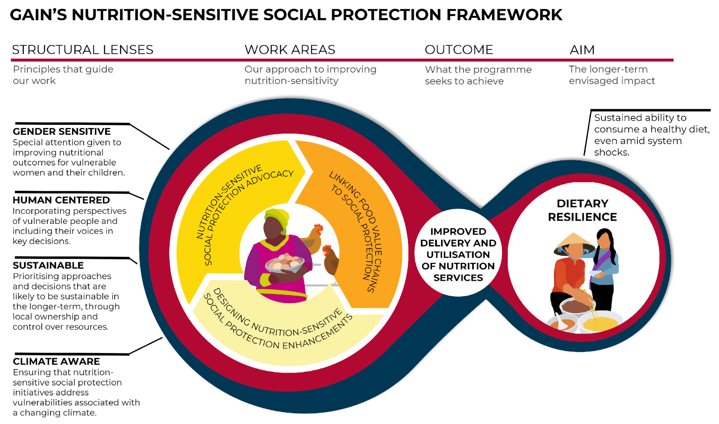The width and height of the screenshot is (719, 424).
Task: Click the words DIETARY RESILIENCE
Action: (x=582, y=210)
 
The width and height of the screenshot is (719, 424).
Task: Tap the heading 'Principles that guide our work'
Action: (x=63, y=75)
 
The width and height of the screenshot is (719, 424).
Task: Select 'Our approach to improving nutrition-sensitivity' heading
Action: (x=310, y=75)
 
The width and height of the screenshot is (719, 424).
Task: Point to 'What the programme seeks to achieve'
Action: (x=478, y=75)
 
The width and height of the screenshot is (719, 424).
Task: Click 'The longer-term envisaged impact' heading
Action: (x=611, y=75)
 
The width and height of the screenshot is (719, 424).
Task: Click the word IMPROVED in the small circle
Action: (x=458, y=231)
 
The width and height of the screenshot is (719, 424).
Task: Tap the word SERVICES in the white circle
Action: (x=458, y=278)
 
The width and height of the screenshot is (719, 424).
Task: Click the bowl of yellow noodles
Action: (x=600, y=322)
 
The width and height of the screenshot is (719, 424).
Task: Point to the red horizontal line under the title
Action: (x=342, y=60)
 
